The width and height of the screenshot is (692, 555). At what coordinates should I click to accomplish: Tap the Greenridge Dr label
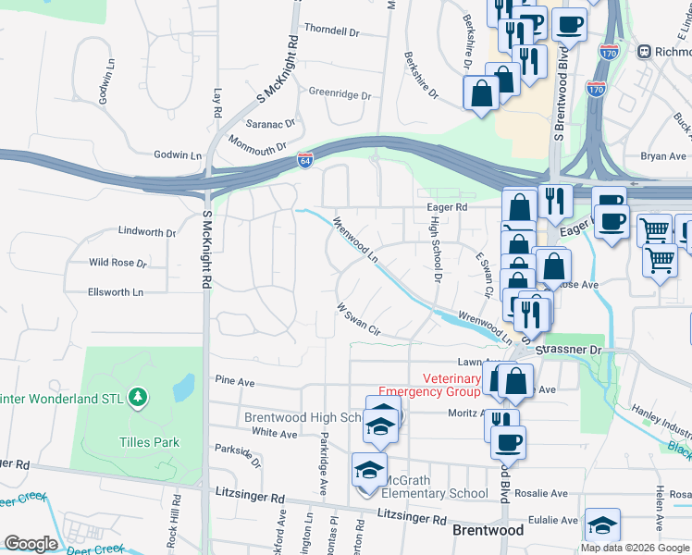(339, 94)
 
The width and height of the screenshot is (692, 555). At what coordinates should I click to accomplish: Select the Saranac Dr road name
(270, 123)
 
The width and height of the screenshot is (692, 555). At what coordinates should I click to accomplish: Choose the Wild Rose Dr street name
(117, 263)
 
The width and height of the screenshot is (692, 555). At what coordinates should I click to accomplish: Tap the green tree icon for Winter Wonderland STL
(138, 397)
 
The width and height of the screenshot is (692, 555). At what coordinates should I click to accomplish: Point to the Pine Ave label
(233, 380)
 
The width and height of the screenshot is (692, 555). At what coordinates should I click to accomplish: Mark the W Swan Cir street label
(358, 320)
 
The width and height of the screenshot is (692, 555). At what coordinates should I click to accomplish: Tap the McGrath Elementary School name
(437, 493)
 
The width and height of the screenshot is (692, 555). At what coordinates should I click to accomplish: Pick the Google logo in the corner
(31, 544)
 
